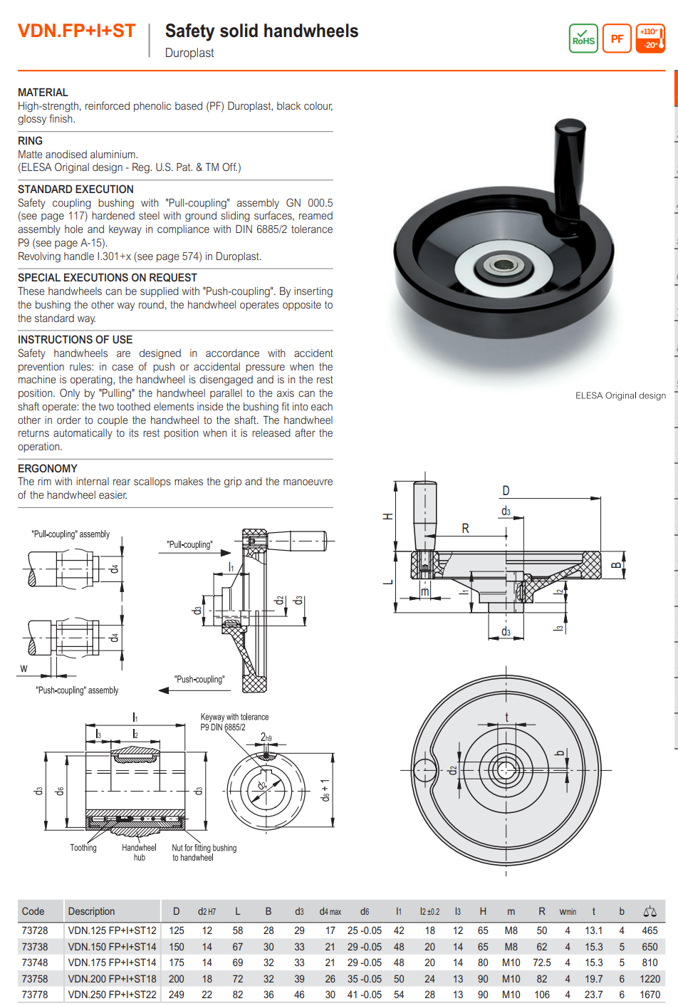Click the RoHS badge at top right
pos(583,38)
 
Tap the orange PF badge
pos(617,38)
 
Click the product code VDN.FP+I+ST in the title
pos(76,31)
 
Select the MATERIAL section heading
pos(43,93)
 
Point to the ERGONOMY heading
pos(47,468)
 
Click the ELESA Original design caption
pos(620,395)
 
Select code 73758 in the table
pos(34,979)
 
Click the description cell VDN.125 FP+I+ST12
pos(112,930)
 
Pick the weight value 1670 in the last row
pos(649,995)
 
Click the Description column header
pos(91,911)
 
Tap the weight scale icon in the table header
pos(650,911)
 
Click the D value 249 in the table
pos(177,995)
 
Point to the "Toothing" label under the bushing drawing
pos(83,848)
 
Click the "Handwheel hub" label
pos(139,852)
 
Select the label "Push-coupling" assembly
pos(77,690)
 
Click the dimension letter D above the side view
pos(506,491)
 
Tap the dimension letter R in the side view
pos(466,529)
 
